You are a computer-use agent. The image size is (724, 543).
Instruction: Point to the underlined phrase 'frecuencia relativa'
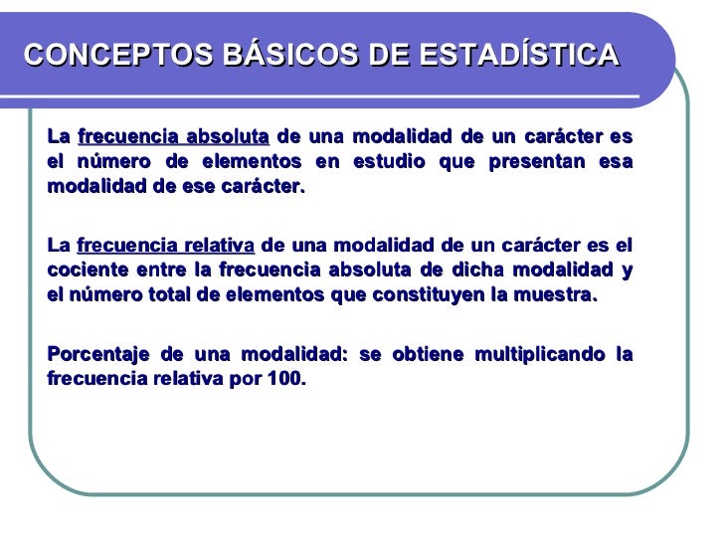coord(165,246)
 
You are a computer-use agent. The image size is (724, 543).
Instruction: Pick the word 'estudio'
coord(397,162)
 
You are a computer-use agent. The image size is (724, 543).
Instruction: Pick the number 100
coord(288,380)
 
